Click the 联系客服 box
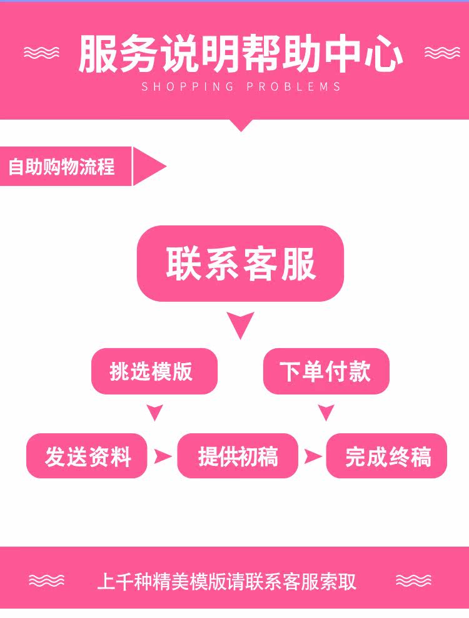240,264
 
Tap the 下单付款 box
326,371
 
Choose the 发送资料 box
87,456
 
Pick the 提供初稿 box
238,456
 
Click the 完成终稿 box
387,456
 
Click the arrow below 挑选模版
154,413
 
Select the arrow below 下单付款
326,413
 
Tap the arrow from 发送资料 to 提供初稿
163,456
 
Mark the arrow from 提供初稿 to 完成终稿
312,456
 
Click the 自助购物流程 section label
63,167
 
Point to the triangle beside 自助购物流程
149,167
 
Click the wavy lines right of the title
441,53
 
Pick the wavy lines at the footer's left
46,581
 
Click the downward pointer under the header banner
240,125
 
